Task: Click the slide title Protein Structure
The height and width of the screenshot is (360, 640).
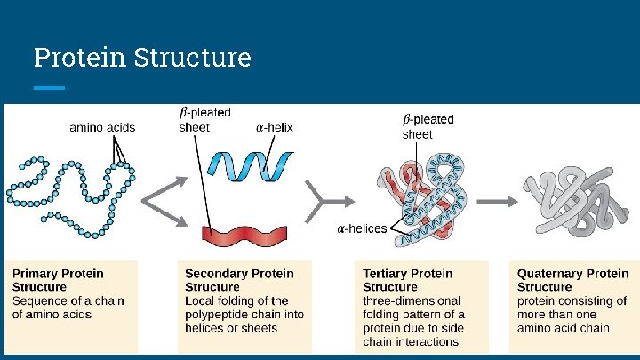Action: click(x=142, y=58)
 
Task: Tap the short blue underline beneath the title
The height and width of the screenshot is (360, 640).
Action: click(x=49, y=88)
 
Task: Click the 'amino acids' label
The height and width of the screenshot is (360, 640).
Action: click(x=102, y=127)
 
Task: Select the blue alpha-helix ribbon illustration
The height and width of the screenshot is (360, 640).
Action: click(x=250, y=164)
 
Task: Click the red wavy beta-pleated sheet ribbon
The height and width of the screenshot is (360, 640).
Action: click(x=244, y=235)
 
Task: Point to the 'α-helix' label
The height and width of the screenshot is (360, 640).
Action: click(x=274, y=127)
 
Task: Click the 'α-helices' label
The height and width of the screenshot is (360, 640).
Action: click(x=361, y=228)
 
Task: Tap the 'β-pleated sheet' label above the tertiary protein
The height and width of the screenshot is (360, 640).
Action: click(x=428, y=126)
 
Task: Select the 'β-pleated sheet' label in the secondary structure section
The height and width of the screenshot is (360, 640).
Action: click(x=204, y=119)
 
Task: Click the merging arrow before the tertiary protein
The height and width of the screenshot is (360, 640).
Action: click(x=316, y=201)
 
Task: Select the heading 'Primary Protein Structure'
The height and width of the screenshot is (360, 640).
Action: click(x=58, y=280)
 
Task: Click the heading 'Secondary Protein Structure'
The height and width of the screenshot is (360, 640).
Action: click(x=238, y=280)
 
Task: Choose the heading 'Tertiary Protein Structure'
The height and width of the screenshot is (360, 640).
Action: click(x=407, y=280)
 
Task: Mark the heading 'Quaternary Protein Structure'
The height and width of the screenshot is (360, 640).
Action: click(x=572, y=280)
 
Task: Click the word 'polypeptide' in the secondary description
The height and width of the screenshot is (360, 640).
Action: click(x=219, y=314)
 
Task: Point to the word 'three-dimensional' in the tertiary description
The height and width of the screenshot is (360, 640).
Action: click(x=412, y=300)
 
